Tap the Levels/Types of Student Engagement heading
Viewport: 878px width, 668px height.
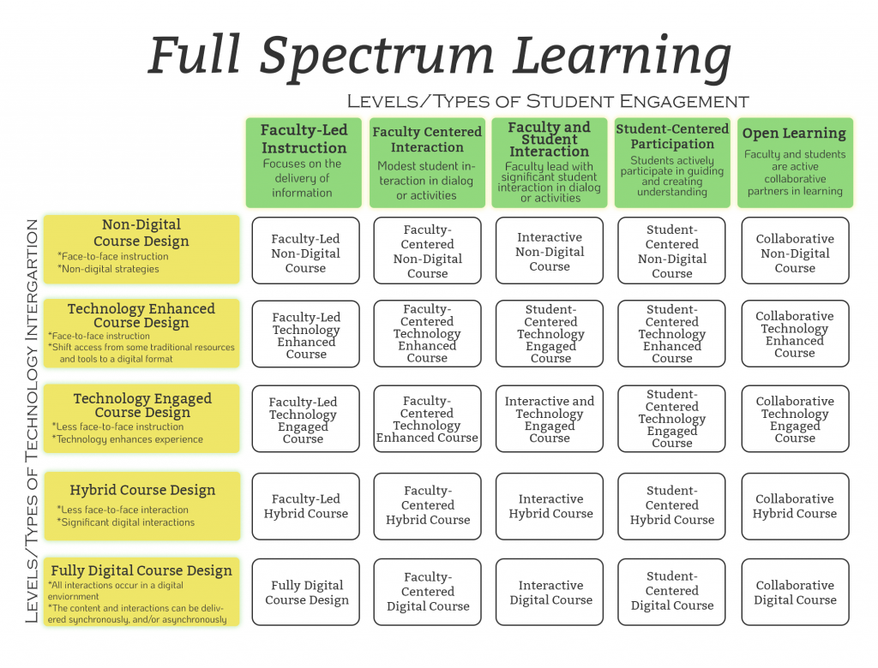click(548, 100)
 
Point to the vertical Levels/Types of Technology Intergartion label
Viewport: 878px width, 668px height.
click(32, 420)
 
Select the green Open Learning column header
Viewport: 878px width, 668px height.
click(795, 163)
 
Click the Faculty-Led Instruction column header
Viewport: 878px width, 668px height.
click(304, 163)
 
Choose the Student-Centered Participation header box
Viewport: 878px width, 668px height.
click(672, 163)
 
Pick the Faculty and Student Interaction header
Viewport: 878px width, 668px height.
click(550, 163)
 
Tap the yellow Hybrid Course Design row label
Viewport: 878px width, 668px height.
click(142, 505)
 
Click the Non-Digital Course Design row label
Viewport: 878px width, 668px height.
click(141, 249)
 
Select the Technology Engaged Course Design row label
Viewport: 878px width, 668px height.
click(141, 418)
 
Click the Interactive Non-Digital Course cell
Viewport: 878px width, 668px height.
click(550, 252)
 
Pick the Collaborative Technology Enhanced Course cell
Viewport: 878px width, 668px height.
click(795, 334)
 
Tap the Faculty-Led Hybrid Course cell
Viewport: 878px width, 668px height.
click(306, 506)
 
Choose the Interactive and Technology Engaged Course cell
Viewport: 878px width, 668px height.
click(550, 420)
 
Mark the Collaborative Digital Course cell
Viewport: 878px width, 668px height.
click(795, 593)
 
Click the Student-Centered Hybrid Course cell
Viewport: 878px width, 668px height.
click(672, 505)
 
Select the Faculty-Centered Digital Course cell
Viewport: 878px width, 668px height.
click(428, 592)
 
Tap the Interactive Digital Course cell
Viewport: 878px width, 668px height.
click(550, 593)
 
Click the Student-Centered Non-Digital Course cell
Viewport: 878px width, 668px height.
click(672, 252)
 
